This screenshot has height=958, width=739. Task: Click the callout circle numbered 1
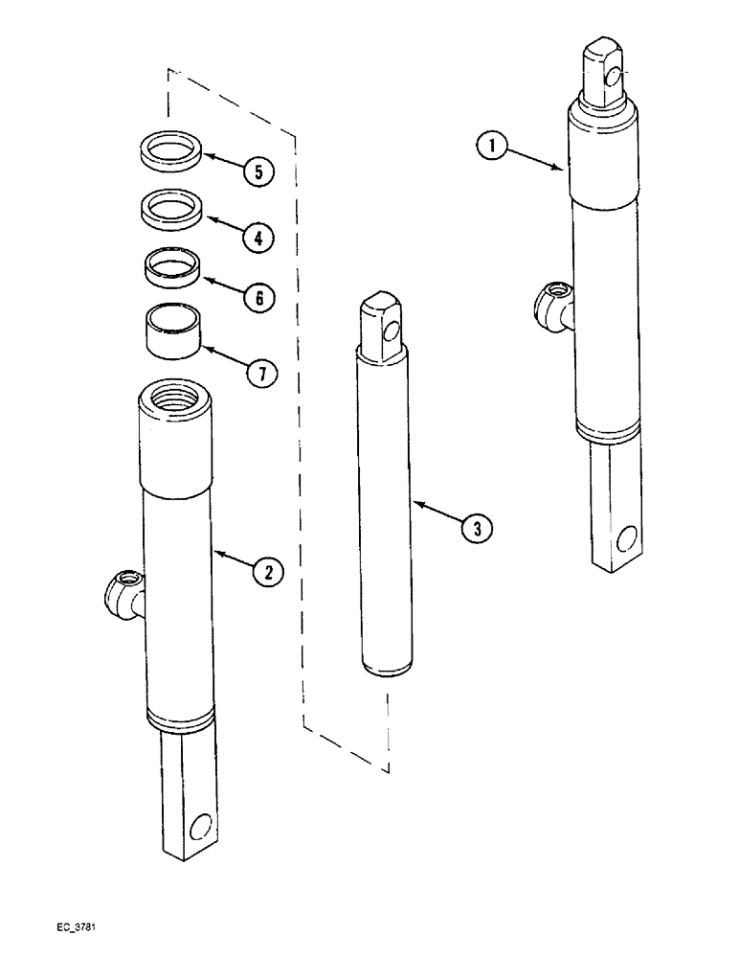click(x=490, y=147)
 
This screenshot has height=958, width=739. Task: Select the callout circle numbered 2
click(x=269, y=572)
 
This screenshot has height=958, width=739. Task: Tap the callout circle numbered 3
click(x=477, y=526)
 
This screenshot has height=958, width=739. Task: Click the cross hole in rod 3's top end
click(x=389, y=332)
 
